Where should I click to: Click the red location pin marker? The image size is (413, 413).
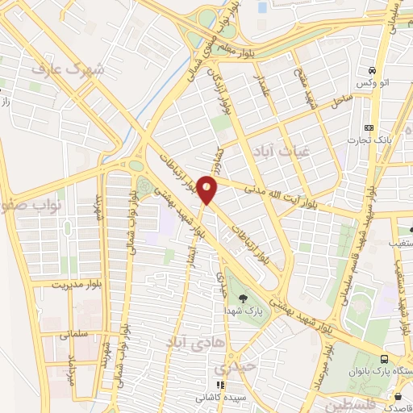click(207, 190)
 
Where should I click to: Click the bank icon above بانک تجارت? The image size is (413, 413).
click(369, 127)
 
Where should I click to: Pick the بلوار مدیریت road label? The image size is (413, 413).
click(56, 285)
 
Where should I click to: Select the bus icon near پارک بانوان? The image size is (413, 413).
click(384, 359)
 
